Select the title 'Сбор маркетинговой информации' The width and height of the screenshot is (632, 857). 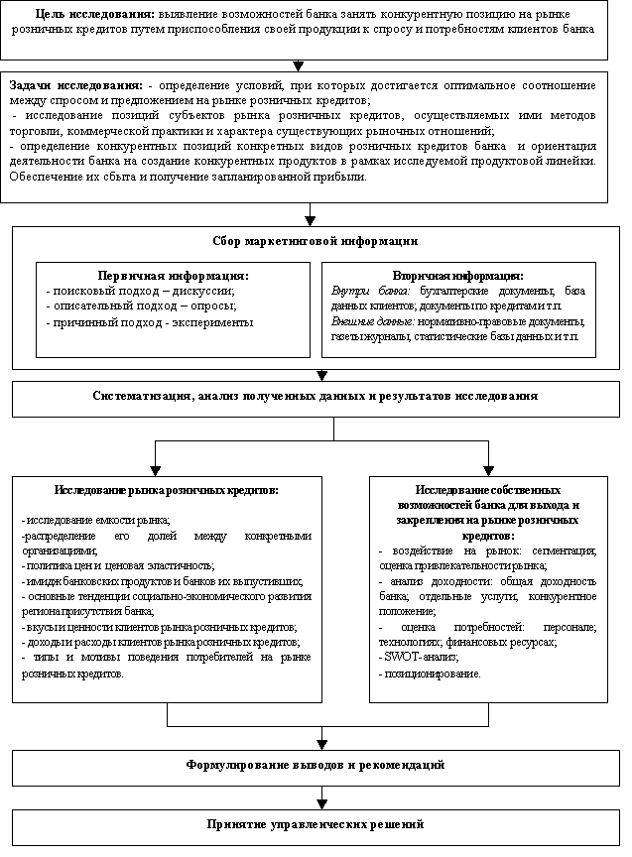point(316,241)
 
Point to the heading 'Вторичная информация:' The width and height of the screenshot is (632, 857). point(458,274)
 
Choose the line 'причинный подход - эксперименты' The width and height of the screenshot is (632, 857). point(150,322)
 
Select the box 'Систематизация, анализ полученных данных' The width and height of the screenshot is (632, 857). point(316,397)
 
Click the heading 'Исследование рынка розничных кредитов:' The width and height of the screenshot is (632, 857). point(166,490)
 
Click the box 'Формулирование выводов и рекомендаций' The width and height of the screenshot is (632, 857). point(316,766)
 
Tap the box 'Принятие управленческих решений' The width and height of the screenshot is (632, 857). point(316,824)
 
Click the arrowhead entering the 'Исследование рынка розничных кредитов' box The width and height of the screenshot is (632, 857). point(155,468)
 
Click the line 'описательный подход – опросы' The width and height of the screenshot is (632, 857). point(142,306)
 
